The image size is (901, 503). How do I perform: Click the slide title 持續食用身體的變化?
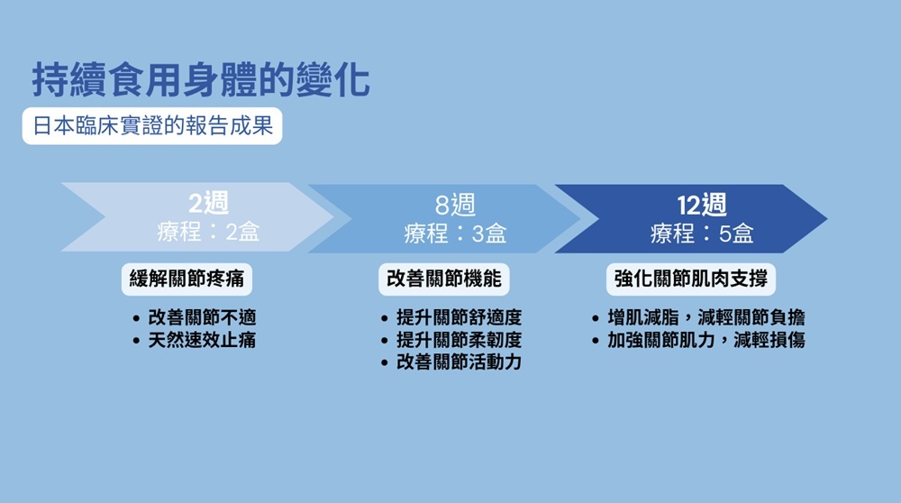click(200, 80)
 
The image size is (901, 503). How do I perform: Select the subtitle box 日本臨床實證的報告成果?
click(152, 126)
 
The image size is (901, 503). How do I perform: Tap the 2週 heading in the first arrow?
click(209, 204)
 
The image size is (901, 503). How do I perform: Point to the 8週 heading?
click(455, 205)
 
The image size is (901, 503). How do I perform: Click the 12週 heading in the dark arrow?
click(702, 205)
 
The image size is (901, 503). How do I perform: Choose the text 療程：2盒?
click(209, 233)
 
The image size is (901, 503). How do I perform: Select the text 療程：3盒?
click(455, 234)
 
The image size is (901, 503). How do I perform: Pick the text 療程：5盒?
click(702, 234)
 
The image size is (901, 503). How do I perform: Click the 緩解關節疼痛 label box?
click(187, 279)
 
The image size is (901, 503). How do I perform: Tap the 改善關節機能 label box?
click(443, 279)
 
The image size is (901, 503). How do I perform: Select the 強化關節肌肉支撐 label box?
click(690, 279)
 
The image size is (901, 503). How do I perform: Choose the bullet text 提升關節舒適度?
click(459, 318)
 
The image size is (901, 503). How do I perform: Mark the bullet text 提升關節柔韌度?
click(459, 341)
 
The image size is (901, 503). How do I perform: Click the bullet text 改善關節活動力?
click(459, 362)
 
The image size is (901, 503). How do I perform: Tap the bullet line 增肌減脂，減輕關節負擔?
click(706, 318)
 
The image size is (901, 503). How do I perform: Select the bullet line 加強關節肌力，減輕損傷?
click(706, 341)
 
